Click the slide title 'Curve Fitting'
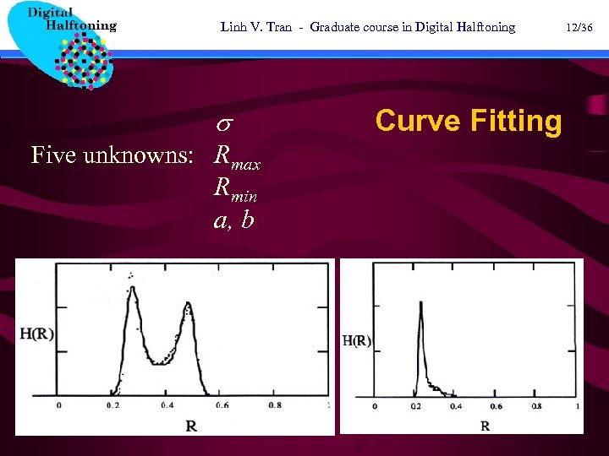click(x=468, y=121)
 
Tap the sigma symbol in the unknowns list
click(x=226, y=125)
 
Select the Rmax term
click(x=237, y=156)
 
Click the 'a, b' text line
click(x=233, y=220)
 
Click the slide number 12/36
click(x=581, y=27)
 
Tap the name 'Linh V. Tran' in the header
click(x=255, y=27)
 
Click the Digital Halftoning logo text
click(x=71, y=19)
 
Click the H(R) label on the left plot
click(x=37, y=334)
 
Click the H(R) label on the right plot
click(x=356, y=342)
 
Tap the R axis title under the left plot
click(x=191, y=426)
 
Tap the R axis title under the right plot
click(x=485, y=426)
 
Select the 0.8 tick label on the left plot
click(x=274, y=405)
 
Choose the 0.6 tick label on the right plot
click(x=496, y=406)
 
